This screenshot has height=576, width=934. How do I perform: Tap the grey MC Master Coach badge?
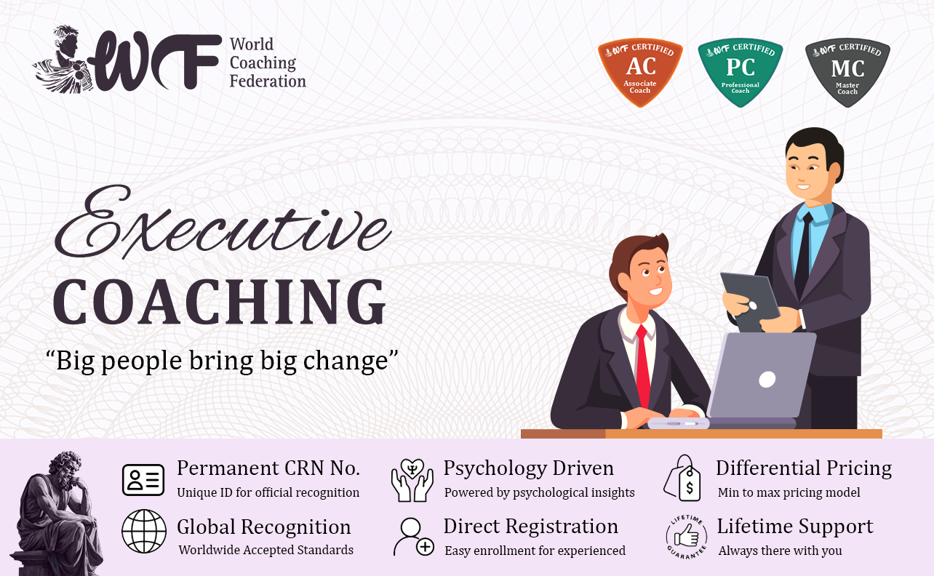point(847,73)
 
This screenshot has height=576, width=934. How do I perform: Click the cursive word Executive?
point(223,223)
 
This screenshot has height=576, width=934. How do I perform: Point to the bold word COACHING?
point(220,302)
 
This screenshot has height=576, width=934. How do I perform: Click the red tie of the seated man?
point(644,367)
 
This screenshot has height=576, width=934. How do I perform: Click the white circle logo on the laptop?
point(767,380)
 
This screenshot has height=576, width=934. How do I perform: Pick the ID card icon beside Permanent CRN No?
point(143,480)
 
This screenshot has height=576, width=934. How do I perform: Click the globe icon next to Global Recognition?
point(144,531)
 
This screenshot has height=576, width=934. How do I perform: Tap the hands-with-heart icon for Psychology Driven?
point(412,480)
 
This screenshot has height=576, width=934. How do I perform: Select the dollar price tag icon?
point(682,478)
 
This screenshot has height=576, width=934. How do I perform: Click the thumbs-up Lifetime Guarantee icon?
point(687,537)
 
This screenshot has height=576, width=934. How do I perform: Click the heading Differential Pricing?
point(804,468)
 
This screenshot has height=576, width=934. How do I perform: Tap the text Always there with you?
point(780,551)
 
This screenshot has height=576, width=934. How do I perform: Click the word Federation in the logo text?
point(268,81)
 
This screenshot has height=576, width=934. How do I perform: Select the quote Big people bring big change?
point(222,361)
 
